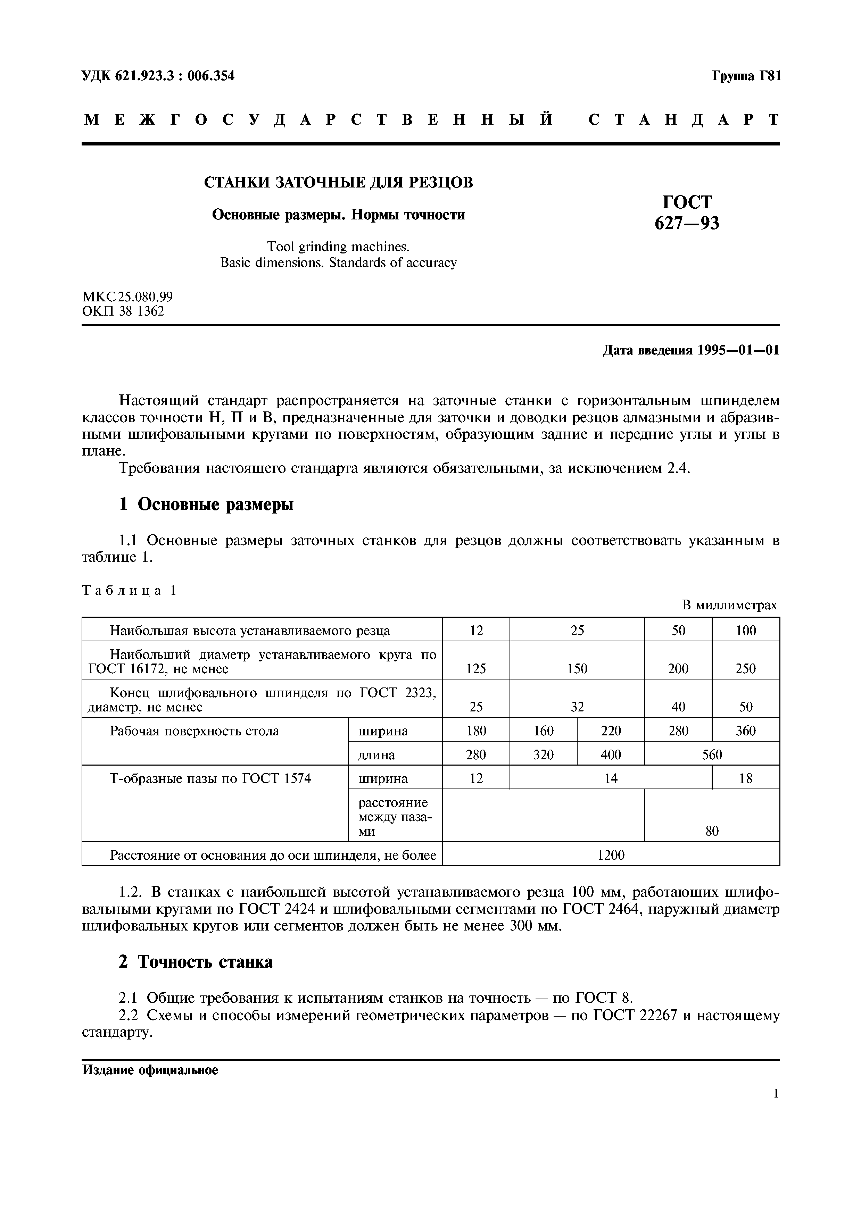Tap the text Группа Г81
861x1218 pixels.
click(x=746, y=76)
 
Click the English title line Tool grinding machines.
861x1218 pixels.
click(x=338, y=247)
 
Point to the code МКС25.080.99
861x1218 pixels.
click(x=127, y=297)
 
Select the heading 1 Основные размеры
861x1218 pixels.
click(x=206, y=504)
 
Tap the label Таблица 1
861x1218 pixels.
click(x=129, y=591)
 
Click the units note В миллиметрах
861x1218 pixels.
click(x=729, y=605)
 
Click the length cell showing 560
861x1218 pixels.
click(x=712, y=755)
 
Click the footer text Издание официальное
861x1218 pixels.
click(x=150, y=1070)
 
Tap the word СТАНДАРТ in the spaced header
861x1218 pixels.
click(x=684, y=119)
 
